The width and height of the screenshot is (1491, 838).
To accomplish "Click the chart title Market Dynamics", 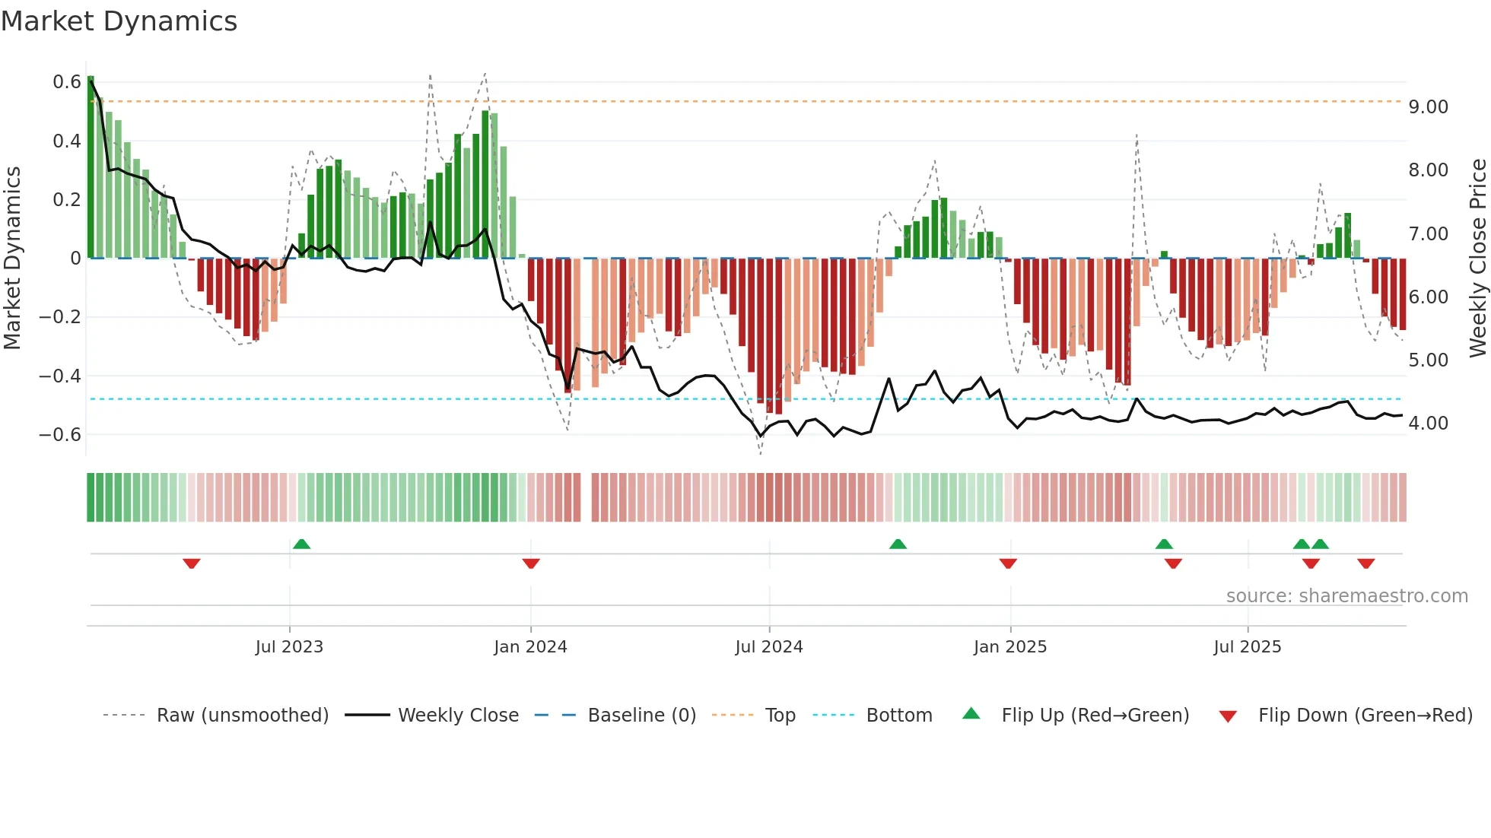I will point(119,21).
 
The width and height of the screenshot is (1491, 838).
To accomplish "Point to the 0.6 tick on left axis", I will point(67,82).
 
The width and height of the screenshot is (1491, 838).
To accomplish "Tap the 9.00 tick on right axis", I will point(1428,107).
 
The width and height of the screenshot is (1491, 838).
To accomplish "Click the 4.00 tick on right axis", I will point(1428,424).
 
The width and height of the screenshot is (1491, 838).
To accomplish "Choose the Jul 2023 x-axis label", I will point(289,647).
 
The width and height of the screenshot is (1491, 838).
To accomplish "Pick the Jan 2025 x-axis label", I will point(1009,647).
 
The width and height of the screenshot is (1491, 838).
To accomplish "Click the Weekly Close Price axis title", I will point(1477,259).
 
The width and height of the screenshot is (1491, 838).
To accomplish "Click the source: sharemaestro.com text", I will point(1346,596).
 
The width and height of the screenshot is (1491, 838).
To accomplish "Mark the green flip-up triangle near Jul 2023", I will point(301,544).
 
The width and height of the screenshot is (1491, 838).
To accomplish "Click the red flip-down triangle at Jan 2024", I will point(531,563).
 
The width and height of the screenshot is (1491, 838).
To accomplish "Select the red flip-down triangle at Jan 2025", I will point(1008,563).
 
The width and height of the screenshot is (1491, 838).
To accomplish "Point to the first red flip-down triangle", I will point(192,563).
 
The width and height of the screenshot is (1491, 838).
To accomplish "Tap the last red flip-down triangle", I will point(1365,563).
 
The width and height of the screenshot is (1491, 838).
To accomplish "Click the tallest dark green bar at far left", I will point(91,167).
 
